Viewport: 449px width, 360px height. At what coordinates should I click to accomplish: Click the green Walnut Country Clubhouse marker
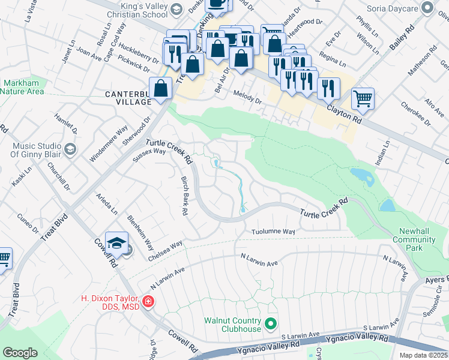pos(271,324)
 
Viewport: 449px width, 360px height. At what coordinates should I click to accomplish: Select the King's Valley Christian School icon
pos(176,9)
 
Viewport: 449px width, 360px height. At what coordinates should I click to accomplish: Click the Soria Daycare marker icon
pos(427,7)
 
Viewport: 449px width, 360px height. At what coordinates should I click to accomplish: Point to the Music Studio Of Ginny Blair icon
pos(70,149)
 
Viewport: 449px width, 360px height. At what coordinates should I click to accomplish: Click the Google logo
pos(20,353)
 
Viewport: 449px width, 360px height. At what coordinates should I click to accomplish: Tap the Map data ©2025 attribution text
pos(423,355)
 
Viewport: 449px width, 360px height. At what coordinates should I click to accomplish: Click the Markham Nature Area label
pos(22,87)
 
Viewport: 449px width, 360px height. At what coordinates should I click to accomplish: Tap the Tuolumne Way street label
pos(273,232)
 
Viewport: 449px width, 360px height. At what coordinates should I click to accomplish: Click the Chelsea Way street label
pos(165,251)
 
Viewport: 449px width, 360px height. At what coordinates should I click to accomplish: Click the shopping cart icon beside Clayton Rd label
pos(363,98)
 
